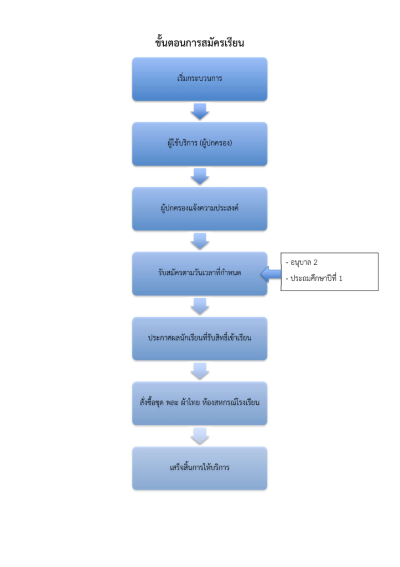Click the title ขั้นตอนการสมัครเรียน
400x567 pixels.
click(200, 42)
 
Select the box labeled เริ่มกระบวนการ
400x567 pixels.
click(200, 79)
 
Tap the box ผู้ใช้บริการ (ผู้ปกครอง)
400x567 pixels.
click(200, 143)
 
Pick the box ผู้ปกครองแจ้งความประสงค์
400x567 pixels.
click(200, 209)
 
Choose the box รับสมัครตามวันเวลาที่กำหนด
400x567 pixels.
click(200, 274)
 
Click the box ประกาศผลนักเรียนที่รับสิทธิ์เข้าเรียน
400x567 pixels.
click(200, 338)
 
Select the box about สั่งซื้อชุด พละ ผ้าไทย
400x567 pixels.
click(200, 403)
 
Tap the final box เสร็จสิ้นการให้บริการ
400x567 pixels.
click(200, 468)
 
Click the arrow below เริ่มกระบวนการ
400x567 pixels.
click(200, 111)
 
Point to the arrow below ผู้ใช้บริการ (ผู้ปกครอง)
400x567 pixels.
click(200, 177)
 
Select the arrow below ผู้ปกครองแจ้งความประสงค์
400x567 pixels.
click(200, 241)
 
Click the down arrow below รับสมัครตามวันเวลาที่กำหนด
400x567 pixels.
click(200, 306)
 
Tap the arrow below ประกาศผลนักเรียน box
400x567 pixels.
click(200, 371)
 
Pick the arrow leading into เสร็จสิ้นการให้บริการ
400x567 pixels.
click(200, 436)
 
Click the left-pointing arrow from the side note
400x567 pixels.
click(271, 274)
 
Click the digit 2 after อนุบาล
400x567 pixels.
click(315, 262)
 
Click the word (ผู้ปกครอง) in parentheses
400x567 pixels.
click(216, 143)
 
